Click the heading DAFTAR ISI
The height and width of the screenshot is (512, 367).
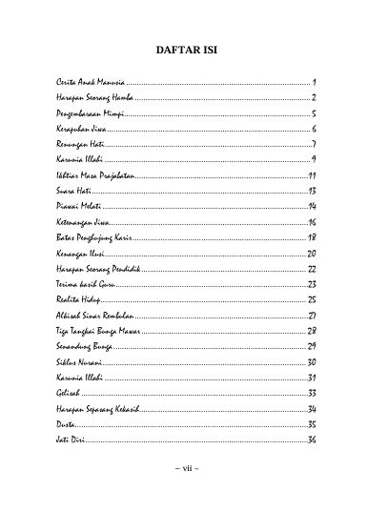(x=183, y=51)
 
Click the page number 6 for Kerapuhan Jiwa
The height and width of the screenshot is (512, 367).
(x=313, y=128)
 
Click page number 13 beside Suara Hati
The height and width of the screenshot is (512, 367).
(x=311, y=192)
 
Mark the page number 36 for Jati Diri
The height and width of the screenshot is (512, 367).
(x=311, y=439)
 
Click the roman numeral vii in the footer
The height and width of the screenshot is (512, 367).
(x=183, y=471)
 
